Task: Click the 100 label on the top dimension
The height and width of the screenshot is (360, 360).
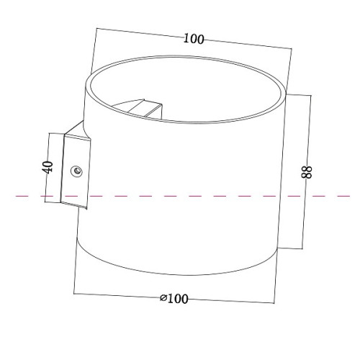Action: click(194, 39)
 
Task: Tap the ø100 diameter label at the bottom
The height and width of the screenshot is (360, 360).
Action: click(174, 299)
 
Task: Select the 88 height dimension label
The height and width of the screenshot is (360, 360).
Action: click(307, 172)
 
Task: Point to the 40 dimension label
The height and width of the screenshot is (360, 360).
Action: click(48, 167)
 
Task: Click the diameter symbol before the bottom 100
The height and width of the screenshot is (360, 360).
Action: click(163, 298)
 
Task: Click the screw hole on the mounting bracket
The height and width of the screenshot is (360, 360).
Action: click(77, 171)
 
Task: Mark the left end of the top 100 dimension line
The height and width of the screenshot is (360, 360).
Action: click(96, 29)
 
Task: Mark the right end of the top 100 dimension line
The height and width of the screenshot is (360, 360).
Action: click(292, 49)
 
